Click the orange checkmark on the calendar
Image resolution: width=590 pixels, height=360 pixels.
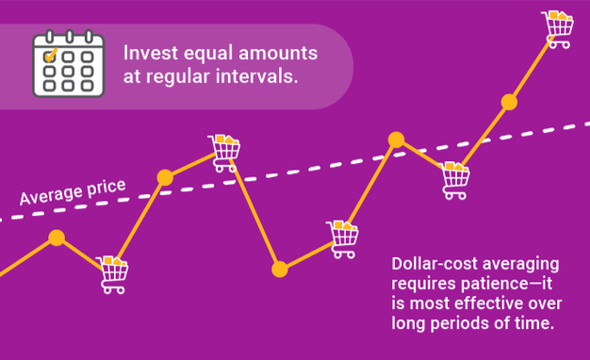(50, 55)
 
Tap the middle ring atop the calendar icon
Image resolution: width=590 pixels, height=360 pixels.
(69, 37)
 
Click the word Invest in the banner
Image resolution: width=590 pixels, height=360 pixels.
(151, 53)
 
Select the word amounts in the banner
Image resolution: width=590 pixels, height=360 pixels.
(278, 53)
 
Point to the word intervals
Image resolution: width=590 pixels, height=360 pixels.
(257, 76)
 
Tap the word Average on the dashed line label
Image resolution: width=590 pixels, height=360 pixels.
(52, 195)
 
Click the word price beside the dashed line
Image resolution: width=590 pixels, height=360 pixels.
(107, 188)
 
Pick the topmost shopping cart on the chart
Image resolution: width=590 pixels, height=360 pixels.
(558, 29)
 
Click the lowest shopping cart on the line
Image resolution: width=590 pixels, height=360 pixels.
(112, 274)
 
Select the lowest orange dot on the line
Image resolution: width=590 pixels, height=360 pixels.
(280, 270)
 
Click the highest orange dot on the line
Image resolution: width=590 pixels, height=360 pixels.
(509, 103)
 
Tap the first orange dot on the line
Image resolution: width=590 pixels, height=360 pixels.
(57, 237)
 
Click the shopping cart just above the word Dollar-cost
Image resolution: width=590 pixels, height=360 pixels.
(342, 239)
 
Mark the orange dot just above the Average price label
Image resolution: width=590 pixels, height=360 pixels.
(165, 177)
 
